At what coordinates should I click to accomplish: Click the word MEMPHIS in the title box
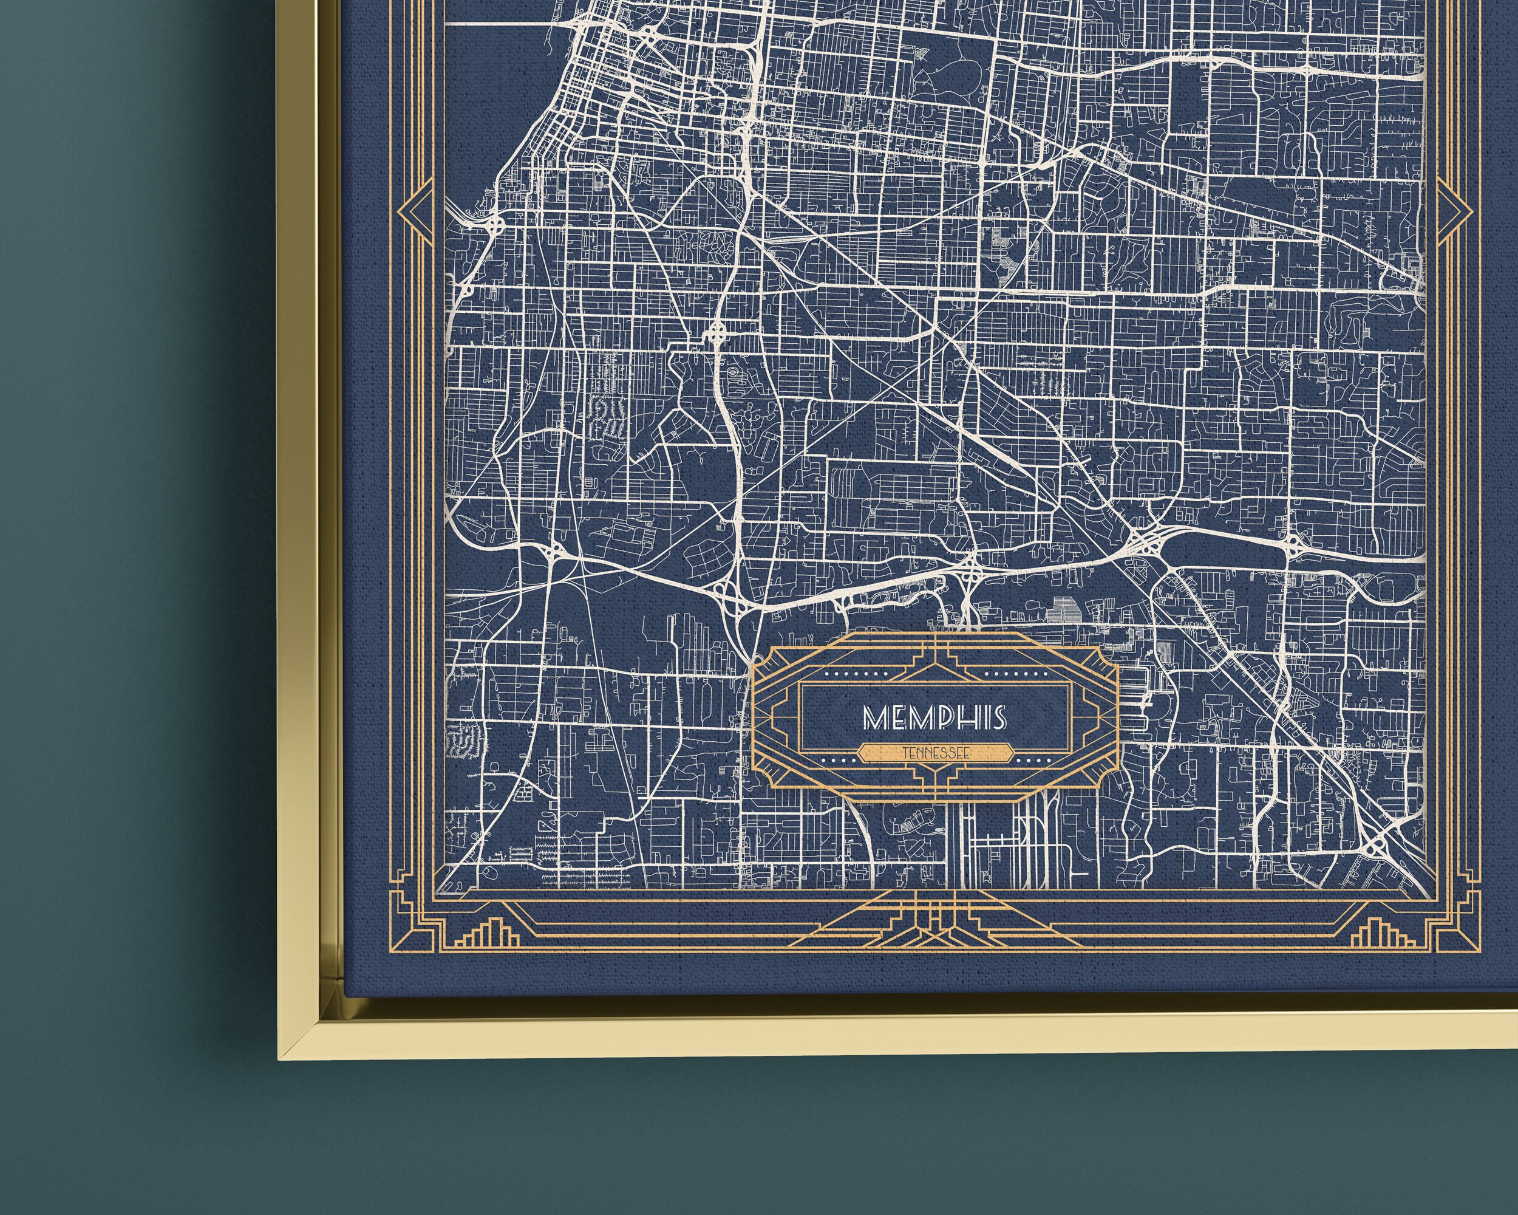[x=935, y=717]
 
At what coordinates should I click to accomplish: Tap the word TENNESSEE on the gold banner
[x=936, y=753]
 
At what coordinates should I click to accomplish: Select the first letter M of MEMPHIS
[x=876, y=717]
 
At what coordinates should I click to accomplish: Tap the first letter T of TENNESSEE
[x=905, y=753]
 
